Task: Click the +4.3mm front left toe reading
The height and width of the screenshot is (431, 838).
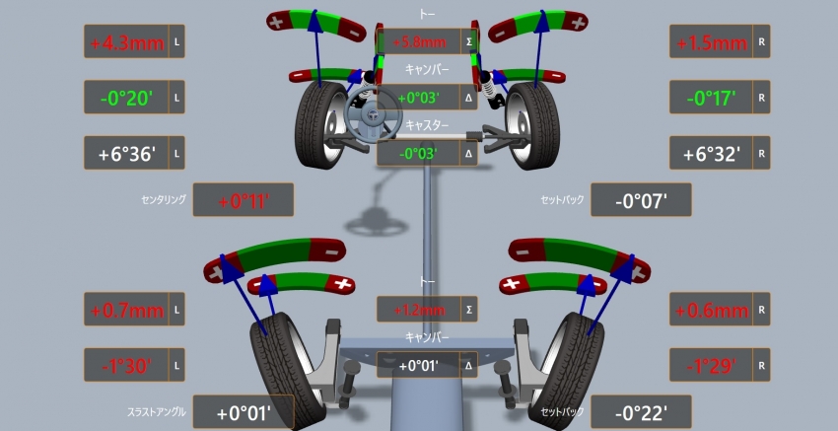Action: pos(126,41)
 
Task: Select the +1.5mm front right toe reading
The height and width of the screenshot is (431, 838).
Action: pos(712,41)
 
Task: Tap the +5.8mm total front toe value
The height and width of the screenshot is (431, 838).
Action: pos(419,41)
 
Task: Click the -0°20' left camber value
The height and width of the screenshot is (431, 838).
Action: pos(126,98)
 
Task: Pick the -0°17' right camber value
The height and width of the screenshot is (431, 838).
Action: pos(712,98)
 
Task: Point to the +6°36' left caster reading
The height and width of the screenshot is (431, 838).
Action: pos(126,154)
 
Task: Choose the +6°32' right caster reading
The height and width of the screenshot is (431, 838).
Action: pos(712,154)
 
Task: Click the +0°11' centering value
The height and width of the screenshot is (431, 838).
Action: pos(244,200)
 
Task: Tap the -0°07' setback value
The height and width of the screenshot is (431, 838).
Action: pos(642,200)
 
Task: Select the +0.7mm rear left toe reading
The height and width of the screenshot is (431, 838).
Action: pos(126,310)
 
